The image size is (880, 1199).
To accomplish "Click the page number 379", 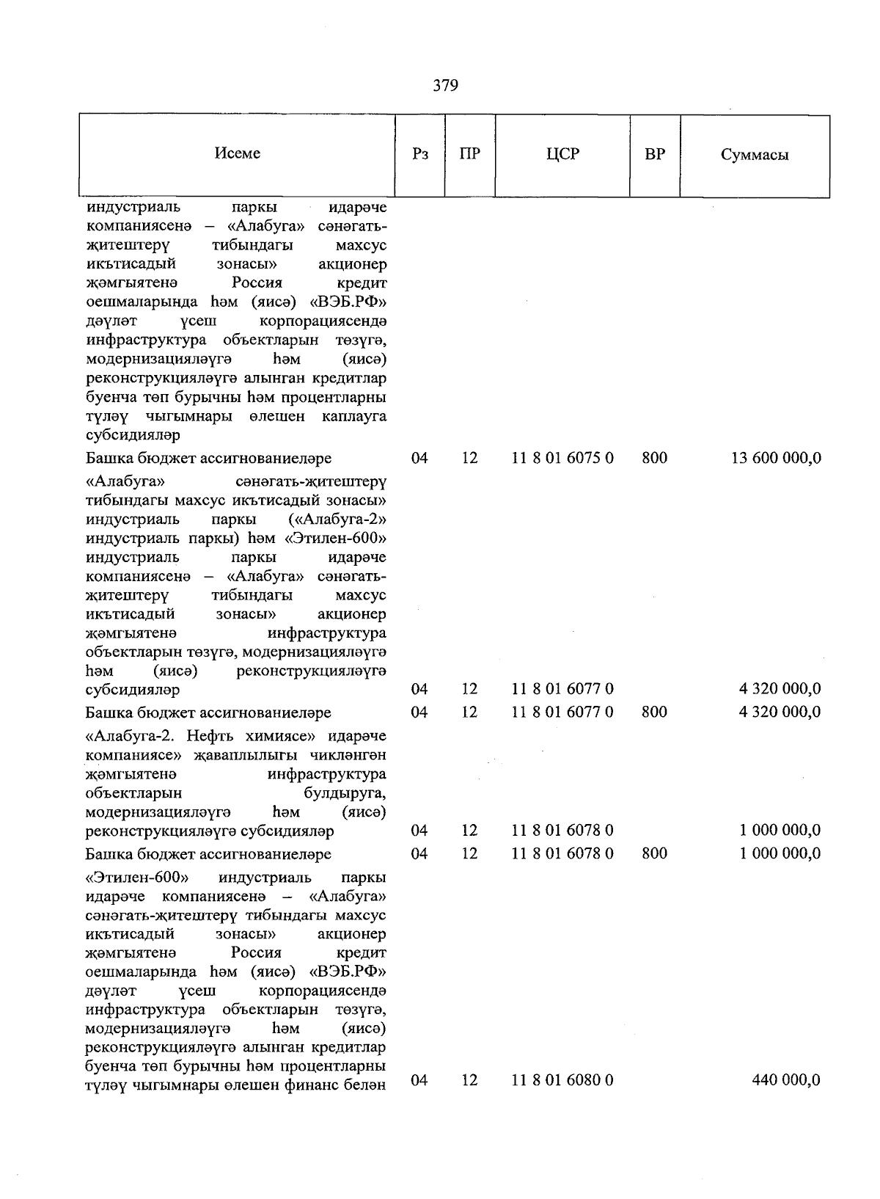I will (x=445, y=86).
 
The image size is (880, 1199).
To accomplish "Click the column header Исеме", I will (x=238, y=153).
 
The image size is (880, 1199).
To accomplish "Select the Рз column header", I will (x=420, y=154).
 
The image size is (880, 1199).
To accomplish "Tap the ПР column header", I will (x=469, y=154).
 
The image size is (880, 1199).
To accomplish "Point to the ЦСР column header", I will (x=562, y=154).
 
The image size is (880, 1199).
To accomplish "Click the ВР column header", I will (x=655, y=154).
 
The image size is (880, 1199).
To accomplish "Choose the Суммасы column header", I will (x=755, y=155).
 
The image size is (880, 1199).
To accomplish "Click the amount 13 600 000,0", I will (x=776, y=458).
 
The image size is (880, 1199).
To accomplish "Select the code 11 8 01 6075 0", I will (x=562, y=458).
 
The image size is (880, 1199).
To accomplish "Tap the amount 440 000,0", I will (x=786, y=1079).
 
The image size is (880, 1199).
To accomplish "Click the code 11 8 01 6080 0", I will (x=562, y=1079).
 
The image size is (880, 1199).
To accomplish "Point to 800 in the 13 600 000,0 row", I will (x=654, y=458).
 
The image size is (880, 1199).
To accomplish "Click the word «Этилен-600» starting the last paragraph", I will (x=137, y=878).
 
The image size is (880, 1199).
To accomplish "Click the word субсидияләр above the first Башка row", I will (x=133, y=436).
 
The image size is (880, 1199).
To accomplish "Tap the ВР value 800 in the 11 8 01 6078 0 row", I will (x=654, y=853).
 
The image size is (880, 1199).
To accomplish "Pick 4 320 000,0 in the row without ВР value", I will (x=780, y=688).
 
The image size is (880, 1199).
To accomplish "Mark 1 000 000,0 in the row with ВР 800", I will (x=780, y=853).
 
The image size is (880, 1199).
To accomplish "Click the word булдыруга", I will (x=345, y=793).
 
